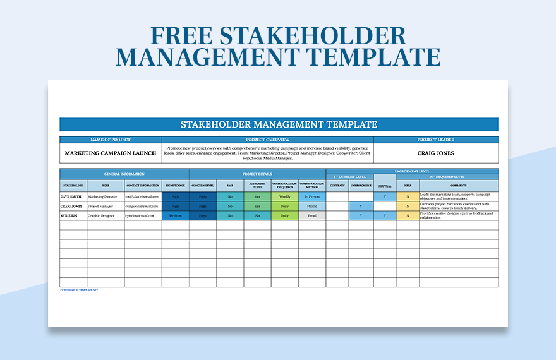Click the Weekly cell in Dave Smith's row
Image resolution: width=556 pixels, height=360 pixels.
285,196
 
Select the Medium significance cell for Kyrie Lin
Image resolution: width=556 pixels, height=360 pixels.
175,215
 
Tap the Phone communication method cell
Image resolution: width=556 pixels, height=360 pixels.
312,206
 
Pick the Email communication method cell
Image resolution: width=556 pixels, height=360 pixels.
312,215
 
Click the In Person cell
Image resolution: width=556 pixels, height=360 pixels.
312,196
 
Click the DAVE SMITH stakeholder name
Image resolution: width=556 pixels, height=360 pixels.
71,196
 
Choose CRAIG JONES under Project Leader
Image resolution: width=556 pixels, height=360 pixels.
435,153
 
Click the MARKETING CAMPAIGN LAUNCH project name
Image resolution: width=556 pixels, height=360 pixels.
111,153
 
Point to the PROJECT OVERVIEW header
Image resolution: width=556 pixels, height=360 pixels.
267,140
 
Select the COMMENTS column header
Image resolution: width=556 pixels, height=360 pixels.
459,186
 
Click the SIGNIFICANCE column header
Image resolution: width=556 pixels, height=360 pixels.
175,186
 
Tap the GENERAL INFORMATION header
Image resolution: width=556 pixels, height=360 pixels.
124,174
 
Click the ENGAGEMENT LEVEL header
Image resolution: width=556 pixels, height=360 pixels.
412,171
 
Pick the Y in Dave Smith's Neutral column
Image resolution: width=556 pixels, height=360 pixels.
385,196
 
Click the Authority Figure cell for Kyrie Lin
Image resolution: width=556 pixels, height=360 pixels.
257,215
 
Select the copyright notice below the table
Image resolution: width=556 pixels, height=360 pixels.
79,290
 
